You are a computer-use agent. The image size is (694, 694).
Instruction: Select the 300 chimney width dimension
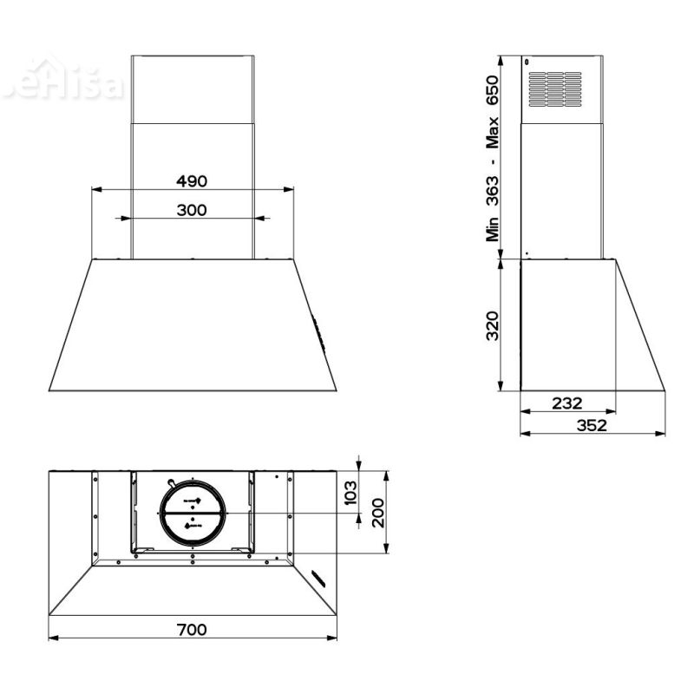pos(192,210)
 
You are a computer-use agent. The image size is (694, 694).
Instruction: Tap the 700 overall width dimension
pos(192,629)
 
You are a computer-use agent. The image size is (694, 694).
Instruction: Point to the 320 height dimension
pos(493,324)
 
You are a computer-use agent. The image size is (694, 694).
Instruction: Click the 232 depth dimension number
pos(566,403)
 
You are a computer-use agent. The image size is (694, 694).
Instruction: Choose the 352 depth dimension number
pos(591,425)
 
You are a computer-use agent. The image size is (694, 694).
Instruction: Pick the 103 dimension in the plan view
pos(350,492)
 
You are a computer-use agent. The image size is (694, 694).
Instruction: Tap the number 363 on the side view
pos(493,189)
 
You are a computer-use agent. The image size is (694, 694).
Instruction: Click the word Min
pos(493,227)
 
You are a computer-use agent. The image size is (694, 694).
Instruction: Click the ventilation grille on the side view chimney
pos(555,89)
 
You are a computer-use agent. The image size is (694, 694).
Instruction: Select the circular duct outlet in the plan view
pos(192,514)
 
